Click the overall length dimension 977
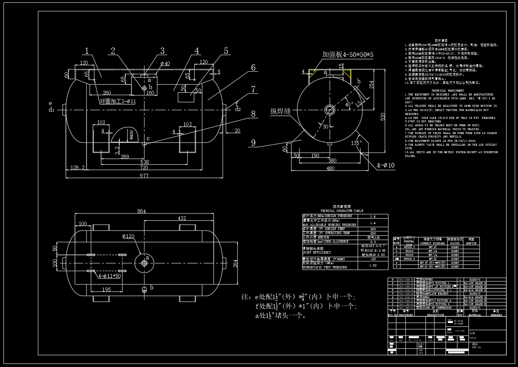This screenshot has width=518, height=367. coord(144,175)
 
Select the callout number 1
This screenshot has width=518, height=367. coord(87,51)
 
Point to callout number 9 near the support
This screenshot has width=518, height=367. coord(253,143)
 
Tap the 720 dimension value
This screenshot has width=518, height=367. coord(144,168)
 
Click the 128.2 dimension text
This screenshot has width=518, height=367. coord(77,168)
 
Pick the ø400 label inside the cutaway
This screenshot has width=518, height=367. coord(131,135)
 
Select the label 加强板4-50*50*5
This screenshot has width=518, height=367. coord(348,55)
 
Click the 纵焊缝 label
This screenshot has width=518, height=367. coord(281,111)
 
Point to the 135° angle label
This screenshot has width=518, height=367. coord(357,143)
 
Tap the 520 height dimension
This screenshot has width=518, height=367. coord(383,116)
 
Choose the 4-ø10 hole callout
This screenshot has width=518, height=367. coord(385,165)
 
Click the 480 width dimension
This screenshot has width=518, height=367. coord(330,168)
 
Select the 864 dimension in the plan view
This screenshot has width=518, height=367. coord(141,211)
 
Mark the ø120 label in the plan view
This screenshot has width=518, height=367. coord(128,236)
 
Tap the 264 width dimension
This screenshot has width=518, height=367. coord(235,263)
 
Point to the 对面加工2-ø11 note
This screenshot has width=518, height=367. coord(118,101)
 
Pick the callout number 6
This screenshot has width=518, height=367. coord(253,68)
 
